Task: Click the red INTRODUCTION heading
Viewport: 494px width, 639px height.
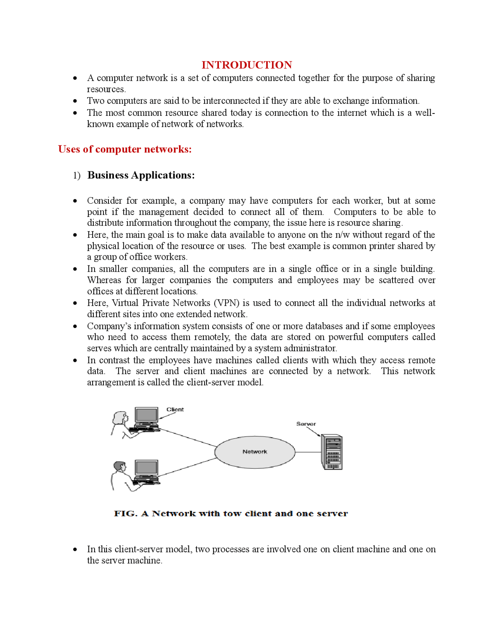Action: click(247, 65)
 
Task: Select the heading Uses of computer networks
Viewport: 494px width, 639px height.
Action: click(125, 149)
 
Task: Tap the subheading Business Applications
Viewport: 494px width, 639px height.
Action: click(141, 175)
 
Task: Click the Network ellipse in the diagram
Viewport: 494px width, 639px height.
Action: click(255, 452)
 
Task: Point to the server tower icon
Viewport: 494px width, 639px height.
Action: click(332, 452)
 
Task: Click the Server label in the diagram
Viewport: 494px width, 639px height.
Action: click(306, 424)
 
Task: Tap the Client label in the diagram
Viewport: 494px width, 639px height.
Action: click(175, 409)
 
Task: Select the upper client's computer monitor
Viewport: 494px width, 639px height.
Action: click(146, 415)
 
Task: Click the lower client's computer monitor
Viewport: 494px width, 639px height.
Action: click(146, 468)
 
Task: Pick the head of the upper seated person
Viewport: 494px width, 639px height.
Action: click(120, 417)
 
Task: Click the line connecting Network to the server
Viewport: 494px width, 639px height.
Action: click(308, 452)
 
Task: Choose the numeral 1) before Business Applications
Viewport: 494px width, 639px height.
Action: click(76, 176)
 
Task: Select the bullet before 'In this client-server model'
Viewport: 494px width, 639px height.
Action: click(75, 549)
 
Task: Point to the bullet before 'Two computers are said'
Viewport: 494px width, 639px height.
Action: click(75, 101)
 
